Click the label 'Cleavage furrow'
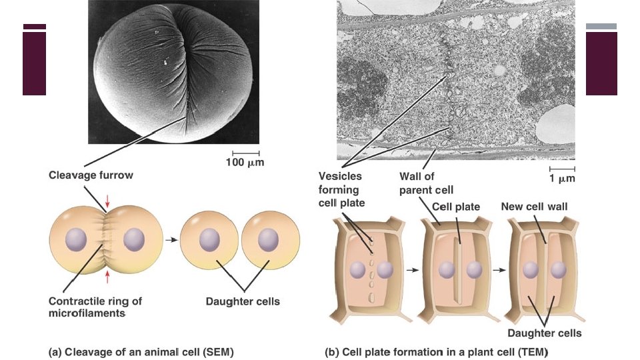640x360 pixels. [x=91, y=176]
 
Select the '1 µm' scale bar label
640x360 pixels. [x=562, y=179]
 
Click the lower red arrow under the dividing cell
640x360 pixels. [x=106, y=275]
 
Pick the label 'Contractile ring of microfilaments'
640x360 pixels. [x=95, y=307]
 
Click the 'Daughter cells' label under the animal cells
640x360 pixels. [x=243, y=301]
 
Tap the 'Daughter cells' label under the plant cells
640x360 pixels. [x=545, y=333]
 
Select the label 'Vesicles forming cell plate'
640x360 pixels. [x=340, y=189]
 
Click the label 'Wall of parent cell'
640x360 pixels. [x=426, y=183]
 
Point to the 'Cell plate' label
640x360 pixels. [x=456, y=207]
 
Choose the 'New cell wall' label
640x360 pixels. [x=534, y=207]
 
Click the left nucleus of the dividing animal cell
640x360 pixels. [x=77, y=238]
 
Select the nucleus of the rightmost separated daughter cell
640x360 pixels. [x=268, y=238]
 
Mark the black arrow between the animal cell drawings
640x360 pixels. [x=171, y=239]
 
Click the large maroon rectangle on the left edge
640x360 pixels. [x=35, y=63]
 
